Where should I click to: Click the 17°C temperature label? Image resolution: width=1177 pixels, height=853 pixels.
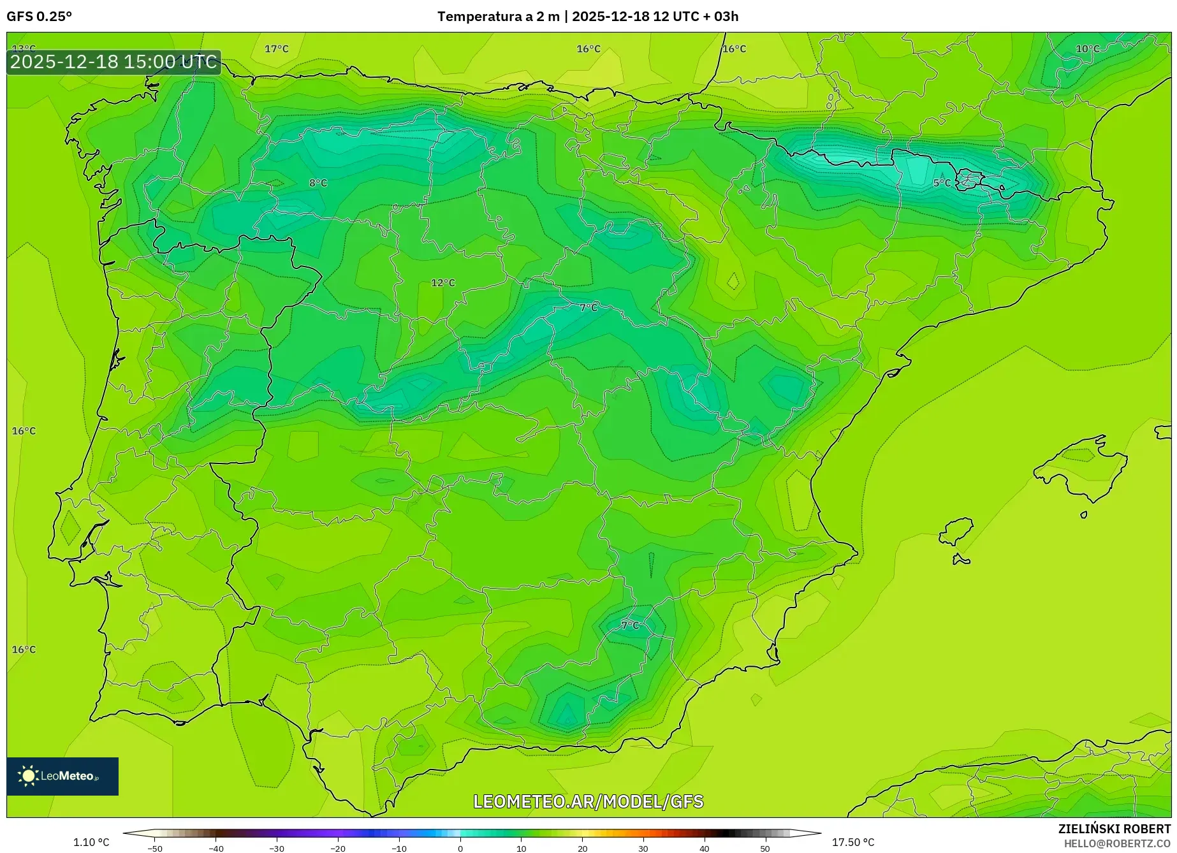point(277,49)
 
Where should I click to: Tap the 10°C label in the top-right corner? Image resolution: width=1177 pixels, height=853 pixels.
point(1088,49)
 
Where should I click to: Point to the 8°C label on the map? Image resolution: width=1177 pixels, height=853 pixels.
point(318,183)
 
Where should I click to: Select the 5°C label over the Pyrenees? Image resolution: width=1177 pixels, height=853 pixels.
point(942,183)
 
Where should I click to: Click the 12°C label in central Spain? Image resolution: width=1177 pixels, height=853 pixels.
point(443,282)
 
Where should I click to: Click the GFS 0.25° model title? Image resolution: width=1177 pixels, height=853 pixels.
point(40,17)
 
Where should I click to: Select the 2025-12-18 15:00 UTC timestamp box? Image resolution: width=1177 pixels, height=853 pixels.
point(113,62)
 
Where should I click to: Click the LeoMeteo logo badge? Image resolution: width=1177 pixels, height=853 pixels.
point(62,776)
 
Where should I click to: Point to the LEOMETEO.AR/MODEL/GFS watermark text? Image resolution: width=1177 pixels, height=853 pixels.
point(588,801)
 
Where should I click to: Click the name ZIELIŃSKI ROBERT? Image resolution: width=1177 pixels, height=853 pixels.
point(1115,829)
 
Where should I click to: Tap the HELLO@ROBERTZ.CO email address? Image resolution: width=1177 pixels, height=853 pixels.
point(1117,843)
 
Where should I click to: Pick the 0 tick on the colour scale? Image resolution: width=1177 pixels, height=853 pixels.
point(460,848)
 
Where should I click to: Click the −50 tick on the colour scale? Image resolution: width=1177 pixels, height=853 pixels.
point(154,848)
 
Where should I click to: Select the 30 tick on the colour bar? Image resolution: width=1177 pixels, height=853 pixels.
point(643,848)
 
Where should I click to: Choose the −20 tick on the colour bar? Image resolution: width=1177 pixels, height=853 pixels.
point(338,848)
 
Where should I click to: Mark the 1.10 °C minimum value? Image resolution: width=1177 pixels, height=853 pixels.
point(91,842)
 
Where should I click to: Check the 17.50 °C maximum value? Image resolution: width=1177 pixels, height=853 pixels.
point(853,842)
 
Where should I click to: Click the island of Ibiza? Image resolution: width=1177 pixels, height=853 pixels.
point(956,532)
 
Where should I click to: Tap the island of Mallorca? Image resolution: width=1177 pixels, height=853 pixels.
point(1081,465)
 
